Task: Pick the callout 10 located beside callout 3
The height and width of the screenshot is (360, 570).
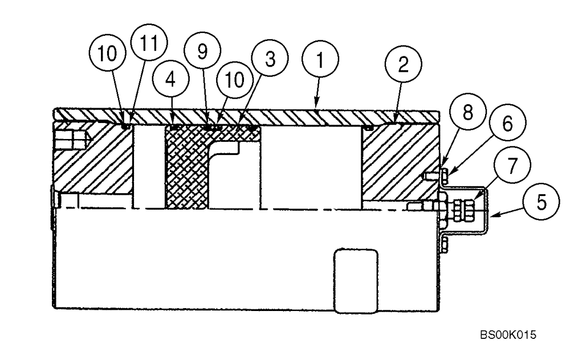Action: (234, 79)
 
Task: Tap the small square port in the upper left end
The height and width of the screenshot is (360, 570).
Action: (70, 138)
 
